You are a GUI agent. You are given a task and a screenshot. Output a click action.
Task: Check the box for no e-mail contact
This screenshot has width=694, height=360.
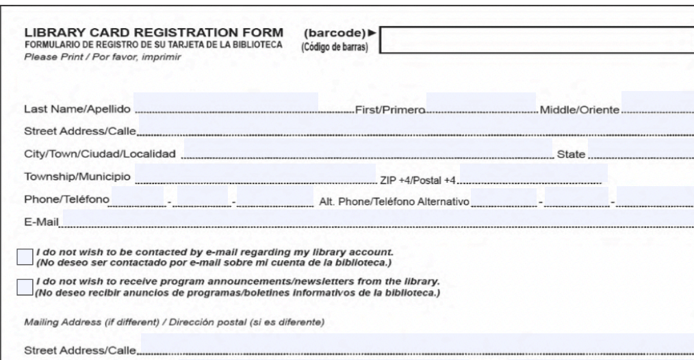click(x=25, y=257)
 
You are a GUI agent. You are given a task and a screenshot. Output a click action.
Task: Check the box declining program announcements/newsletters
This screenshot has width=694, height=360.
click(x=25, y=287)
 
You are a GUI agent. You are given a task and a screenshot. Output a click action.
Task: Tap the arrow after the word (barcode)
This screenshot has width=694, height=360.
click(x=372, y=32)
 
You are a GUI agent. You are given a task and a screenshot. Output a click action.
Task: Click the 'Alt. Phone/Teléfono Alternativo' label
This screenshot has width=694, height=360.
click(x=394, y=202)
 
